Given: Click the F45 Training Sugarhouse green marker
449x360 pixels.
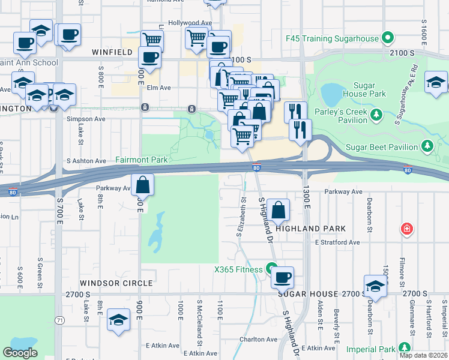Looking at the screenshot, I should coord(388,38).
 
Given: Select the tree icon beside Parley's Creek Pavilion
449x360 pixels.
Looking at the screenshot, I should coord(376,114).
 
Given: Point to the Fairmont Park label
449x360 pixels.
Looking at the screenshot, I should coord(141,160).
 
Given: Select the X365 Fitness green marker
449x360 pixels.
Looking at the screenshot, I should coord(272,269).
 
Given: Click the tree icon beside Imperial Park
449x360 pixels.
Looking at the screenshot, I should coord(405,348).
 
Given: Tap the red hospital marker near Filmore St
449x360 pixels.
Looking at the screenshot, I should coord(407,229).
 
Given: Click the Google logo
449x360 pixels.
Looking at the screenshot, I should coord(20,352).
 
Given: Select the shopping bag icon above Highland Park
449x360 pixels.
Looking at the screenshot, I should coord(279,211).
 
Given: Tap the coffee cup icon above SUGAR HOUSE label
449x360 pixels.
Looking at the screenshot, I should coord(282,278).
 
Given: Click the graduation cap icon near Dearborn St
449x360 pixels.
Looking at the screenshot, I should coord(375,287).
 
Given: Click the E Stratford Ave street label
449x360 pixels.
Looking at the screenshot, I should coord(337,242).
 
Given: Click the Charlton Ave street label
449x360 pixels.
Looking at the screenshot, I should coord(258,339).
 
